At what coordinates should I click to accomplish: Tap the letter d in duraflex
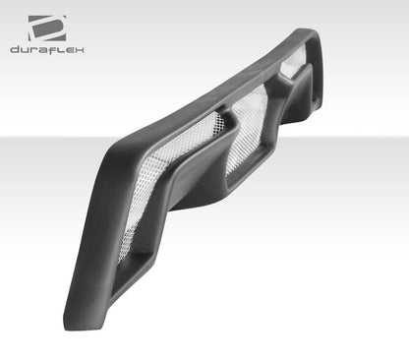pos(15,49)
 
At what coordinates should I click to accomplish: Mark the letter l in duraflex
pos(59,49)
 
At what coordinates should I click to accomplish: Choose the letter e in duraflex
pos(68,49)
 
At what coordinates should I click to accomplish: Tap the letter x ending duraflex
pos(79,49)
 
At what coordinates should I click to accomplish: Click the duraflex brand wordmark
pos(47,49)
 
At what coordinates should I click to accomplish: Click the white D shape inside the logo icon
pos(46,28)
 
